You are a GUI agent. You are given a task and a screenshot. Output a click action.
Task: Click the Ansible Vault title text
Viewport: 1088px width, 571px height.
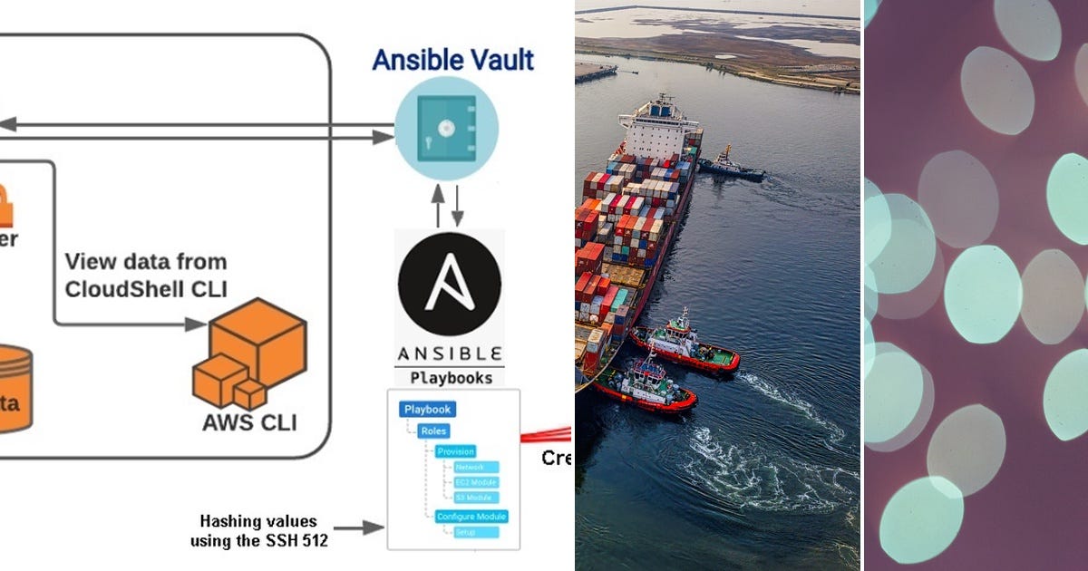point(452,60)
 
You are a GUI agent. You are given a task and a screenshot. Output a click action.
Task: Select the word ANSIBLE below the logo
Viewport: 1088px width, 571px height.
point(450,353)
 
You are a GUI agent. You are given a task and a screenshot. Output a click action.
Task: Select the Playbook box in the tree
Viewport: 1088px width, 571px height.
point(427,410)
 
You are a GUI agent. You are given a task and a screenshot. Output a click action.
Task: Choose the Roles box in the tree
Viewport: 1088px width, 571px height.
point(434,431)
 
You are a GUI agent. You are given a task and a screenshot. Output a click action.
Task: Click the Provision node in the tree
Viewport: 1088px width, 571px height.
point(454,451)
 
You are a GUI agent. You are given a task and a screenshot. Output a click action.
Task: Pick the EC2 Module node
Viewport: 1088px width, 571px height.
point(475,483)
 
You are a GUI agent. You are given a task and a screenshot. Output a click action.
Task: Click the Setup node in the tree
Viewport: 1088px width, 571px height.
point(471,533)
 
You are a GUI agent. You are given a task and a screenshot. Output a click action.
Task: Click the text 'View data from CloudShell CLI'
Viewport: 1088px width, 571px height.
point(145,275)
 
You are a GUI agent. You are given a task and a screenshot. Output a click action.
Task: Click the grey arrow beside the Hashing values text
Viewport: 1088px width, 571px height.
point(359,527)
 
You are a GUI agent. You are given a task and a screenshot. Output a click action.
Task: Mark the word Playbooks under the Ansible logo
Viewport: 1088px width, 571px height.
point(451,377)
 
